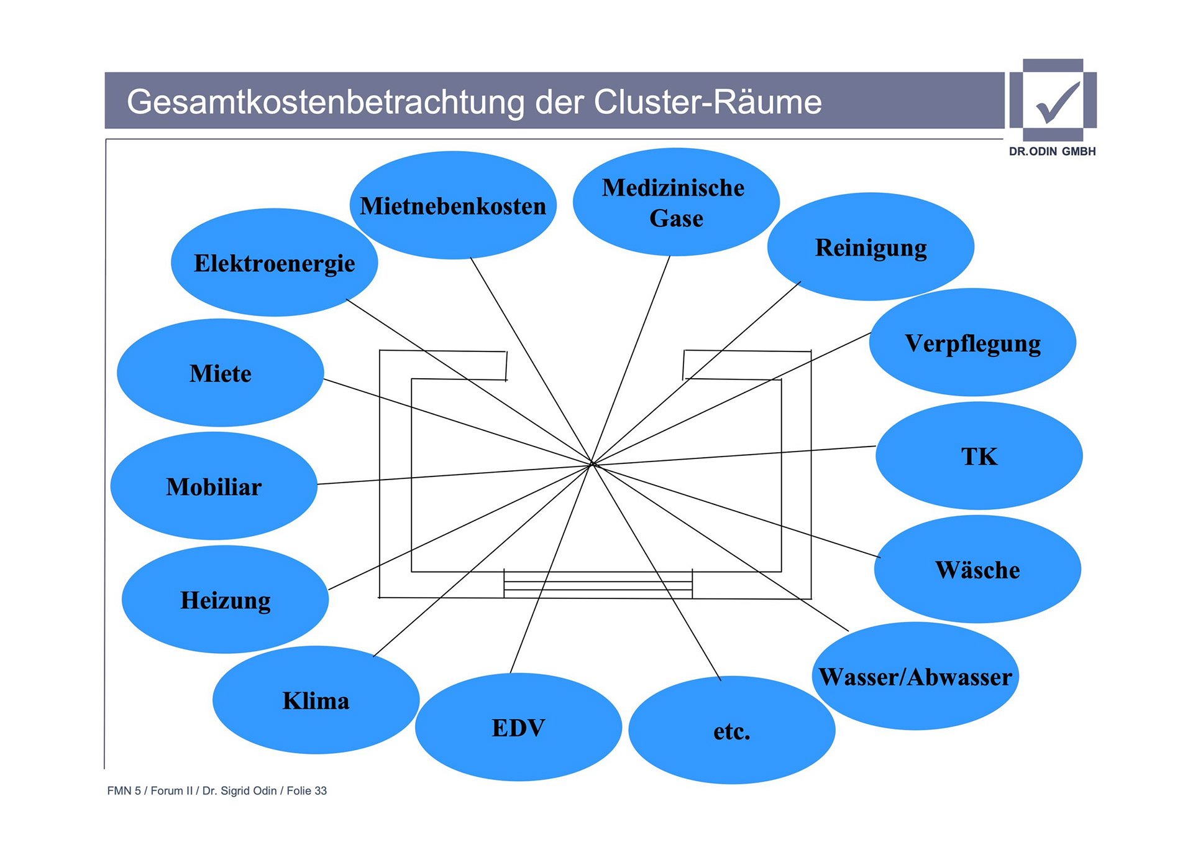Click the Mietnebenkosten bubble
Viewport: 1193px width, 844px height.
[453, 206]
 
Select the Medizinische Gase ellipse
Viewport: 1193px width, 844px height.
[675, 203]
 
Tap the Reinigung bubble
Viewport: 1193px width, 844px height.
[871, 248]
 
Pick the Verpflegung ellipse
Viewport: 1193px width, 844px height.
[972, 343]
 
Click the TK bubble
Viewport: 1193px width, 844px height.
[979, 457]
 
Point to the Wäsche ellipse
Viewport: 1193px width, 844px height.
[977, 570]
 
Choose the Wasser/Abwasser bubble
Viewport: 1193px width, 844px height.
[915, 677]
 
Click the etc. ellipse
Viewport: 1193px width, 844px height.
[731, 731]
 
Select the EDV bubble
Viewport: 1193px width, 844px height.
[518, 728]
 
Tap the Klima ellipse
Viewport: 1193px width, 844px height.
[316, 701]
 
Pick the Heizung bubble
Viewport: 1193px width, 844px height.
[225, 600]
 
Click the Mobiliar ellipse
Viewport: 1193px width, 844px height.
[214, 486]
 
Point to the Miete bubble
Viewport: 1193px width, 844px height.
[220, 373]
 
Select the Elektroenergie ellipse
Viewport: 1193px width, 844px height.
[274, 263]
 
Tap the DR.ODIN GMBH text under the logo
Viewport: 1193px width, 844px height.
[1052, 152]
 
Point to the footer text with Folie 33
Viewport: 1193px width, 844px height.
[217, 791]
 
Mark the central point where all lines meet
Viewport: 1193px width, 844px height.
[592, 464]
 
